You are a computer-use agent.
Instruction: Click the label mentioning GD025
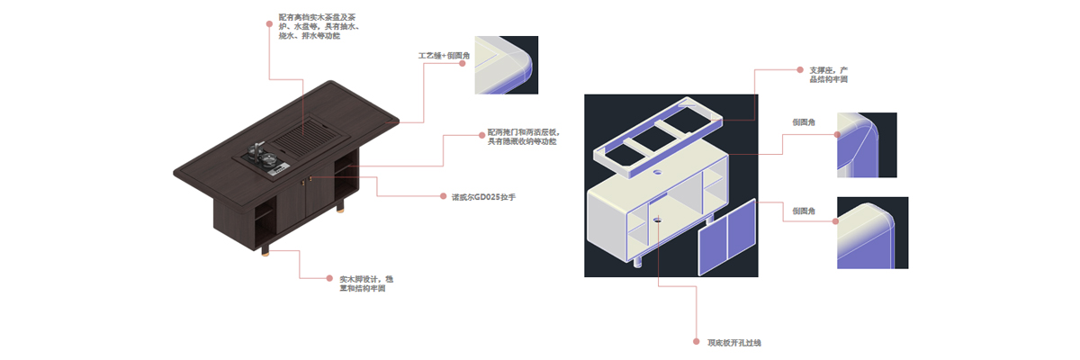click(x=482, y=195)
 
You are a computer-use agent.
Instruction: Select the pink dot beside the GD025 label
click(x=444, y=195)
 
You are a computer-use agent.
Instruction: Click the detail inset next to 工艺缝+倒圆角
click(x=506, y=64)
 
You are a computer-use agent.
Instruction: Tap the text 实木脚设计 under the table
click(x=361, y=283)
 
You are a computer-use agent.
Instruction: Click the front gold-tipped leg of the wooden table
click(x=266, y=247)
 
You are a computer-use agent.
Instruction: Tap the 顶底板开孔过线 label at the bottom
click(x=734, y=342)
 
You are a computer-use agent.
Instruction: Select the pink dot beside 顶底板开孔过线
click(x=696, y=342)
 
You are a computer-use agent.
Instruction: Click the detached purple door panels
click(x=727, y=240)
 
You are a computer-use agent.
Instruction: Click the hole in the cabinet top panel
click(x=657, y=218)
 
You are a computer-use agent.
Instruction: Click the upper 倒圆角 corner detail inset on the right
click(x=867, y=145)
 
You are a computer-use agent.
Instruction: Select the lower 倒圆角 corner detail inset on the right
click(x=867, y=231)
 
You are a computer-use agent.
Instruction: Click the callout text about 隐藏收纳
click(x=523, y=136)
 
